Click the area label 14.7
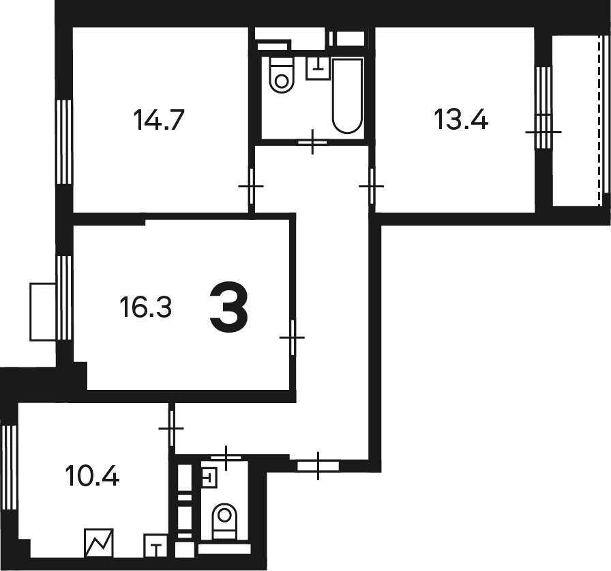(x=158, y=120)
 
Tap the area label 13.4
(x=460, y=120)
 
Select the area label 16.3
(x=146, y=307)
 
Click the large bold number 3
(x=228, y=307)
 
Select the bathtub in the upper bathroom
(x=347, y=96)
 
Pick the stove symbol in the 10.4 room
(x=99, y=543)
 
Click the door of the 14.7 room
(x=252, y=186)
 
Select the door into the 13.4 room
(x=372, y=186)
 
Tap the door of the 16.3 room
(x=293, y=337)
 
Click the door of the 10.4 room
(x=171, y=428)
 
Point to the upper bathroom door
(x=312, y=142)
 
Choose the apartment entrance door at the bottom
(x=318, y=466)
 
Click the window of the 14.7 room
(x=64, y=141)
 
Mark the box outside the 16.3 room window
(x=43, y=312)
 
